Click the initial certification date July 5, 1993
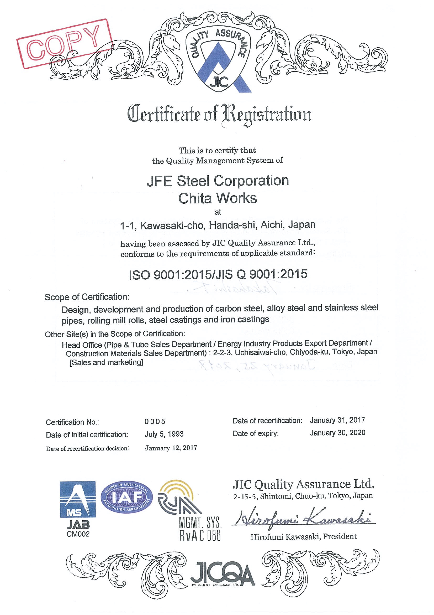(164, 434)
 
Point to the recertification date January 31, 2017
(337, 420)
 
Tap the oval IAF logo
(126, 498)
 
